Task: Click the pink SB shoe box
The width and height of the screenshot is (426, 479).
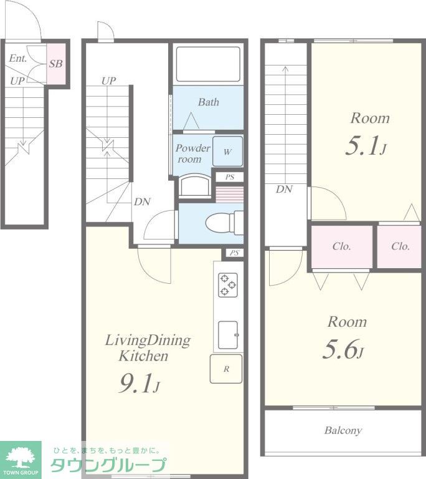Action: click(x=56, y=64)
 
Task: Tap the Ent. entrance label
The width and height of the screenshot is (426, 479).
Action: click(x=18, y=58)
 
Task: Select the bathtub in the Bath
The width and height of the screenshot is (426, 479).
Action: click(x=208, y=64)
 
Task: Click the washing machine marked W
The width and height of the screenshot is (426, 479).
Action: click(x=228, y=152)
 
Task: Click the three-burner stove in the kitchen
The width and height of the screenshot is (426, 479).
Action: click(x=228, y=285)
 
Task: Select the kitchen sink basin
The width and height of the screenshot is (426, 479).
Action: click(x=228, y=335)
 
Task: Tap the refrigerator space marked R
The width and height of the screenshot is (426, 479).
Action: click(x=226, y=369)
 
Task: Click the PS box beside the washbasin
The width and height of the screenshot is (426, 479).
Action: click(x=230, y=177)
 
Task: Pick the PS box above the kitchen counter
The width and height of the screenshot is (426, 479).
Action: click(x=234, y=253)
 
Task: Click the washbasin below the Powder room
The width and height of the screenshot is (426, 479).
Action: click(x=195, y=186)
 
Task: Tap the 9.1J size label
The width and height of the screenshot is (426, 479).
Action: click(x=139, y=384)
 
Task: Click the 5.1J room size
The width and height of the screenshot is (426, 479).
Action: click(x=366, y=146)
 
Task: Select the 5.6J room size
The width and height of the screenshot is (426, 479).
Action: click(x=343, y=349)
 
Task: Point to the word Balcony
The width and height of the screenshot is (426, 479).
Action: click(x=343, y=430)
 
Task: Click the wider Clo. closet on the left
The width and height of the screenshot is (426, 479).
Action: click(x=342, y=247)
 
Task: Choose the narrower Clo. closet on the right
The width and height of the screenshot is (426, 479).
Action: click(x=399, y=247)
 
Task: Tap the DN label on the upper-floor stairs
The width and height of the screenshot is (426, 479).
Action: click(x=285, y=189)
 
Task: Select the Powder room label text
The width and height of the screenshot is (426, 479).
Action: click(x=193, y=153)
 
